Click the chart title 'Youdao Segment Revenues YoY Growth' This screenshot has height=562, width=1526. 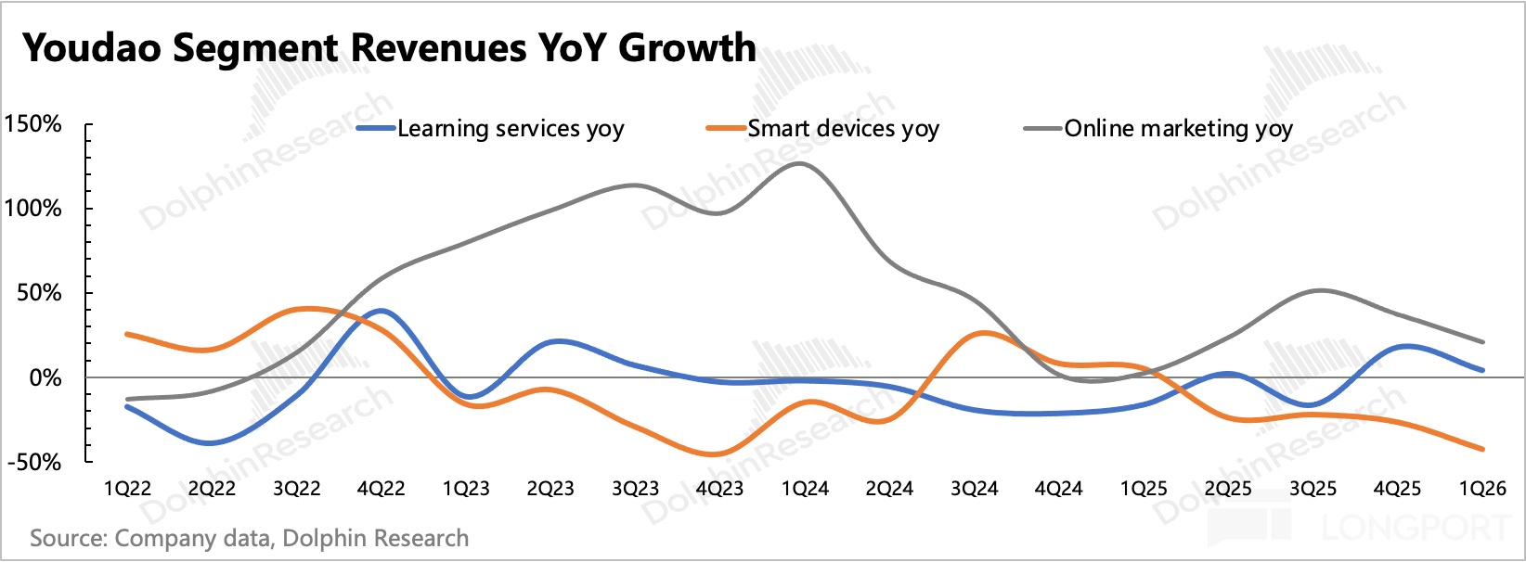[x=389, y=47]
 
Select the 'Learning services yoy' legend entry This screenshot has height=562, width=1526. [x=490, y=129]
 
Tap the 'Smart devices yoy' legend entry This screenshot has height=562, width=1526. [x=823, y=129]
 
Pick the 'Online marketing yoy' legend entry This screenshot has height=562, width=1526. [x=1158, y=129]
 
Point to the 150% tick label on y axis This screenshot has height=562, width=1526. [x=32, y=124]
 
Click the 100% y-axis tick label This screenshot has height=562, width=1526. [x=32, y=208]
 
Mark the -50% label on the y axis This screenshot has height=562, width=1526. [x=34, y=463]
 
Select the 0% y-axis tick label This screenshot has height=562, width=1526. [x=45, y=377]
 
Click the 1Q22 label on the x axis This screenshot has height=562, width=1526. [x=127, y=489]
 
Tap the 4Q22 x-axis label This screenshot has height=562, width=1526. [x=381, y=489]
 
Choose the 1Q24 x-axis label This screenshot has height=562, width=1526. [x=805, y=489]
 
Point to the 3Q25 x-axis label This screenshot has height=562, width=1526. [x=1313, y=489]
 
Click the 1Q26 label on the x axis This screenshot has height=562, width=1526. [x=1482, y=489]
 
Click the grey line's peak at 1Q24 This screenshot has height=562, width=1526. [x=800, y=163]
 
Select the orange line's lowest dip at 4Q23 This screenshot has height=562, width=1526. [x=713, y=453]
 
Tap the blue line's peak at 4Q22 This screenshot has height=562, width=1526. [x=381, y=311]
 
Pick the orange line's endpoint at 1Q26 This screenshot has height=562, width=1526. [x=1482, y=449]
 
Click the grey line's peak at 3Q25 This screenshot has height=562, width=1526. [x=1320, y=290]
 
